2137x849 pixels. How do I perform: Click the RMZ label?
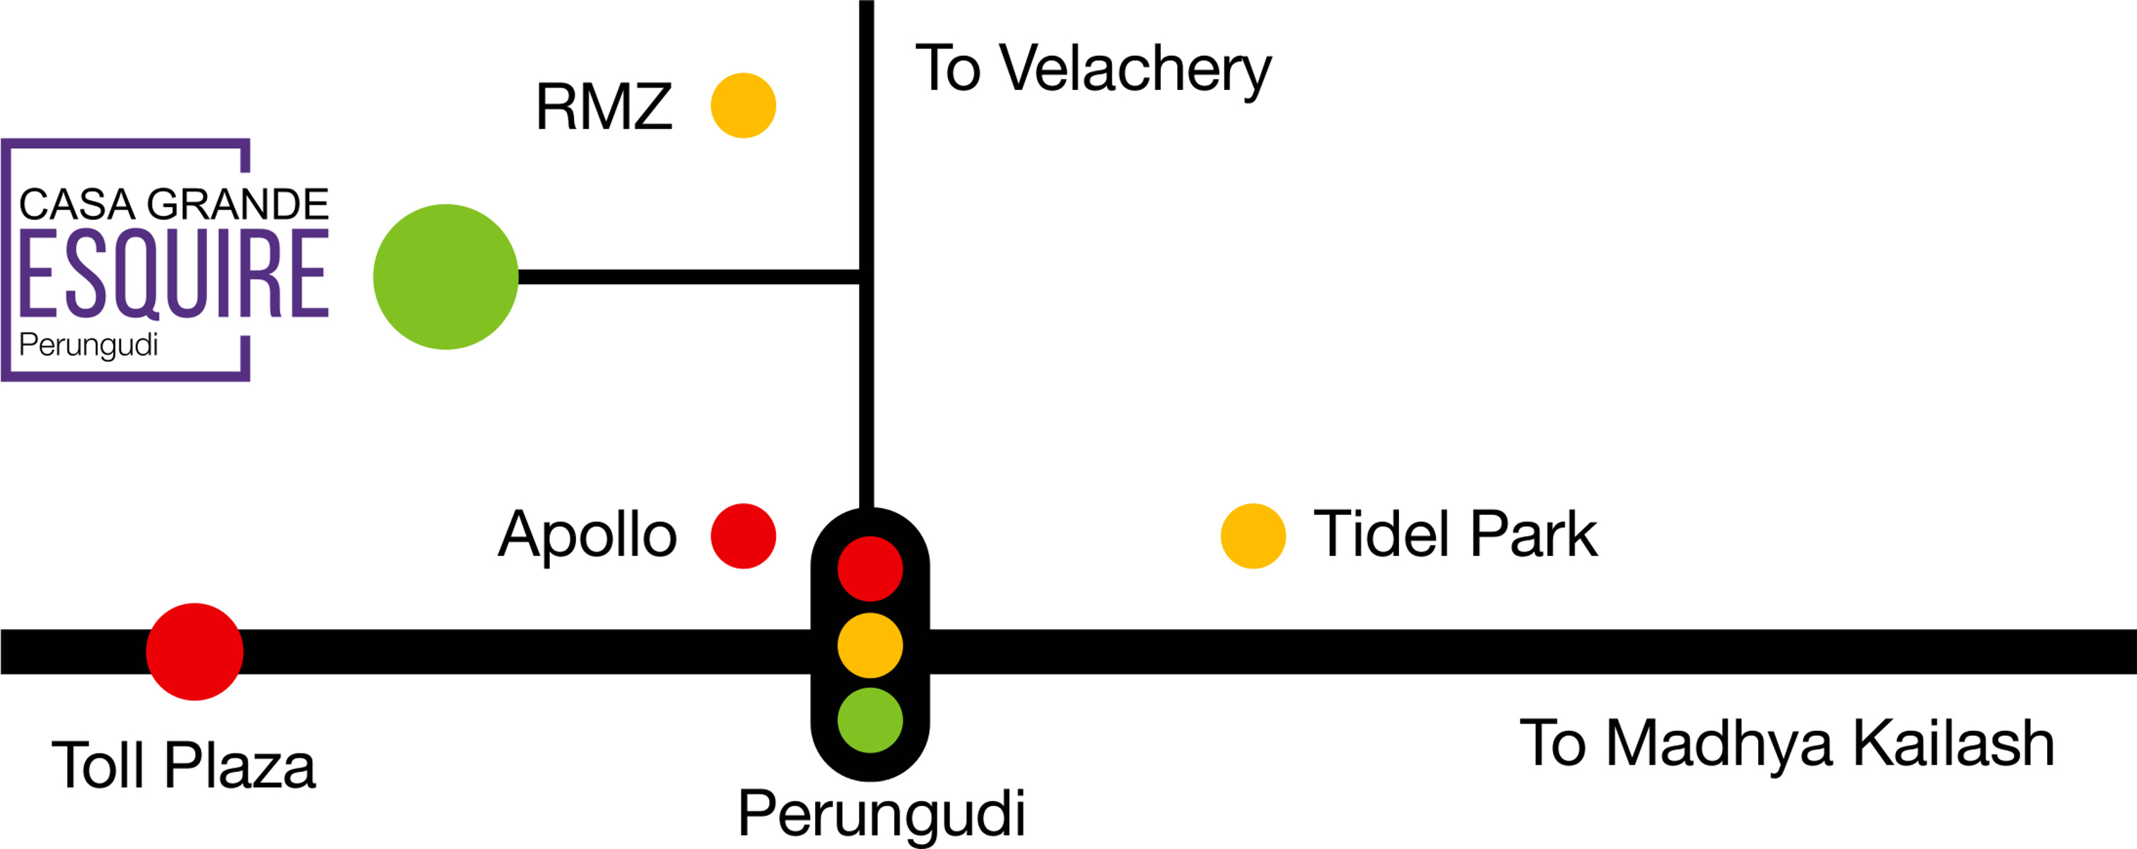603,107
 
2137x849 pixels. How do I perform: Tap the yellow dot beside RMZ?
743,105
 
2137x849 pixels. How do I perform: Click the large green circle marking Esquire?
445,277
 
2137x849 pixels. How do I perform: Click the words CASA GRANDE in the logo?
173,204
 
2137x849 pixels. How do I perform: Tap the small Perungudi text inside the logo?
88,345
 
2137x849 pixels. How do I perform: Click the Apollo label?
587,536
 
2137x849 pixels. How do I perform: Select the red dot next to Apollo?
743,536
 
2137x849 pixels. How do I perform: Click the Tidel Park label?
1455,536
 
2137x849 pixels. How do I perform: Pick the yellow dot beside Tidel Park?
1253,536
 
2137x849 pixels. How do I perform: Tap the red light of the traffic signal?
870,569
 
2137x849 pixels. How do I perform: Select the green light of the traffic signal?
870,720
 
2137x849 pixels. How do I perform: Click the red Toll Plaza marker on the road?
194,652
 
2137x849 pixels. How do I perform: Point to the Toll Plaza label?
183,766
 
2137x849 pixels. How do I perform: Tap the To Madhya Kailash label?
1787,744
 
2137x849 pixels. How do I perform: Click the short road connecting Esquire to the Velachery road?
689,277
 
